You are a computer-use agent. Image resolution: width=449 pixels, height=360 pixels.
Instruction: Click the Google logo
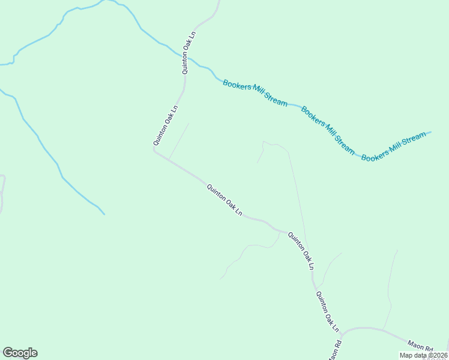(x=20, y=353)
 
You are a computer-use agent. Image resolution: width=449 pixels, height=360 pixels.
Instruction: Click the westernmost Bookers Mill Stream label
(x=255, y=92)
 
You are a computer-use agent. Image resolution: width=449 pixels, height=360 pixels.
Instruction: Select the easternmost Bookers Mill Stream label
(x=394, y=146)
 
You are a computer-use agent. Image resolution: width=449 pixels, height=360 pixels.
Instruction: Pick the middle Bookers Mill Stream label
(x=328, y=130)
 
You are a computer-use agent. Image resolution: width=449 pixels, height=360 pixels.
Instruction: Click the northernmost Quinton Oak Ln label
(x=189, y=53)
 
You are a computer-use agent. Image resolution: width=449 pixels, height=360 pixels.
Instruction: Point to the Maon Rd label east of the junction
(x=420, y=346)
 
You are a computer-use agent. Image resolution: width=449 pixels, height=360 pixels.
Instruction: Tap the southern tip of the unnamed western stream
(x=104, y=214)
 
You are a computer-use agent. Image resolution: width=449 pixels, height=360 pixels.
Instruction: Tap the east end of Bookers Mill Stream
(x=431, y=132)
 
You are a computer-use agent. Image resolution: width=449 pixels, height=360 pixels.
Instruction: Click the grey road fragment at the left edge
(x=2, y=192)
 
